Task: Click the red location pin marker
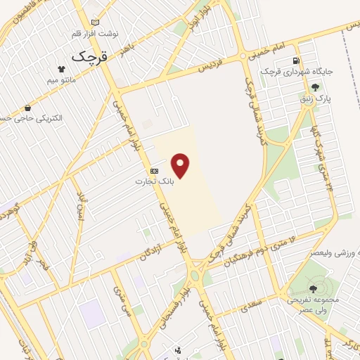click(x=182, y=166)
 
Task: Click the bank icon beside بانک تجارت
click(x=154, y=171)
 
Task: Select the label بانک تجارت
click(x=154, y=181)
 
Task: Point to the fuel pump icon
click(x=296, y=60)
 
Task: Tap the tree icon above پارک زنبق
click(x=314, y=88)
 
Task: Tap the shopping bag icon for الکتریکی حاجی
click(x=27, y=108)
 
